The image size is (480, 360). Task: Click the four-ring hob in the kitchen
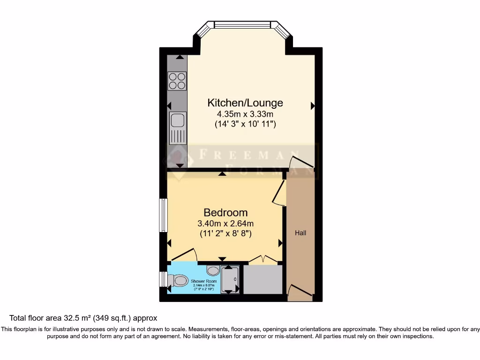(177, 80)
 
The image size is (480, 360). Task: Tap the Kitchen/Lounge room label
(245, 103)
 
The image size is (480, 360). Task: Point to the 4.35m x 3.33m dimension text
(245, 114)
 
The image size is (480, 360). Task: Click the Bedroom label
(225, 213)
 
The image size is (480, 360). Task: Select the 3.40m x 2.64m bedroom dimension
(225, 223)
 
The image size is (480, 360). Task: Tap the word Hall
(300, 232)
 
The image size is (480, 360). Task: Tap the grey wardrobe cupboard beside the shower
(263, 279)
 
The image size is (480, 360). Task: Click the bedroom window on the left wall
(163, 215)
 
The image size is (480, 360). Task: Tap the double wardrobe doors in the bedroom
(263, 258)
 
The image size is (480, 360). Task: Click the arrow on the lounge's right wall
(312, 106)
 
